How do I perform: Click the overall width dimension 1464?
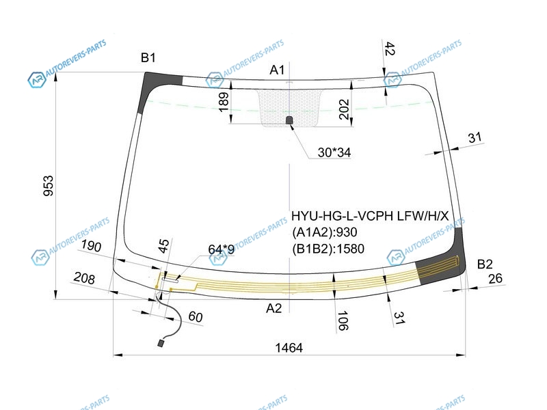coord(289,348)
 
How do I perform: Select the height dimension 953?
coord(49,186)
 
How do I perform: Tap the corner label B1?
coord(148,57)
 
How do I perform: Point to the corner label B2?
coord(485,264)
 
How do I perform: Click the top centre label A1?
coord(278,70)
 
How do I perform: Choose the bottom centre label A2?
coord(274,308)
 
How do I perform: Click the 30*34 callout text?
coord(334,152)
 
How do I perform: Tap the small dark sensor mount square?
coord(289,120)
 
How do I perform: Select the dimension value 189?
coord(224,102)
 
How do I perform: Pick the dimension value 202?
coord(344,109)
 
